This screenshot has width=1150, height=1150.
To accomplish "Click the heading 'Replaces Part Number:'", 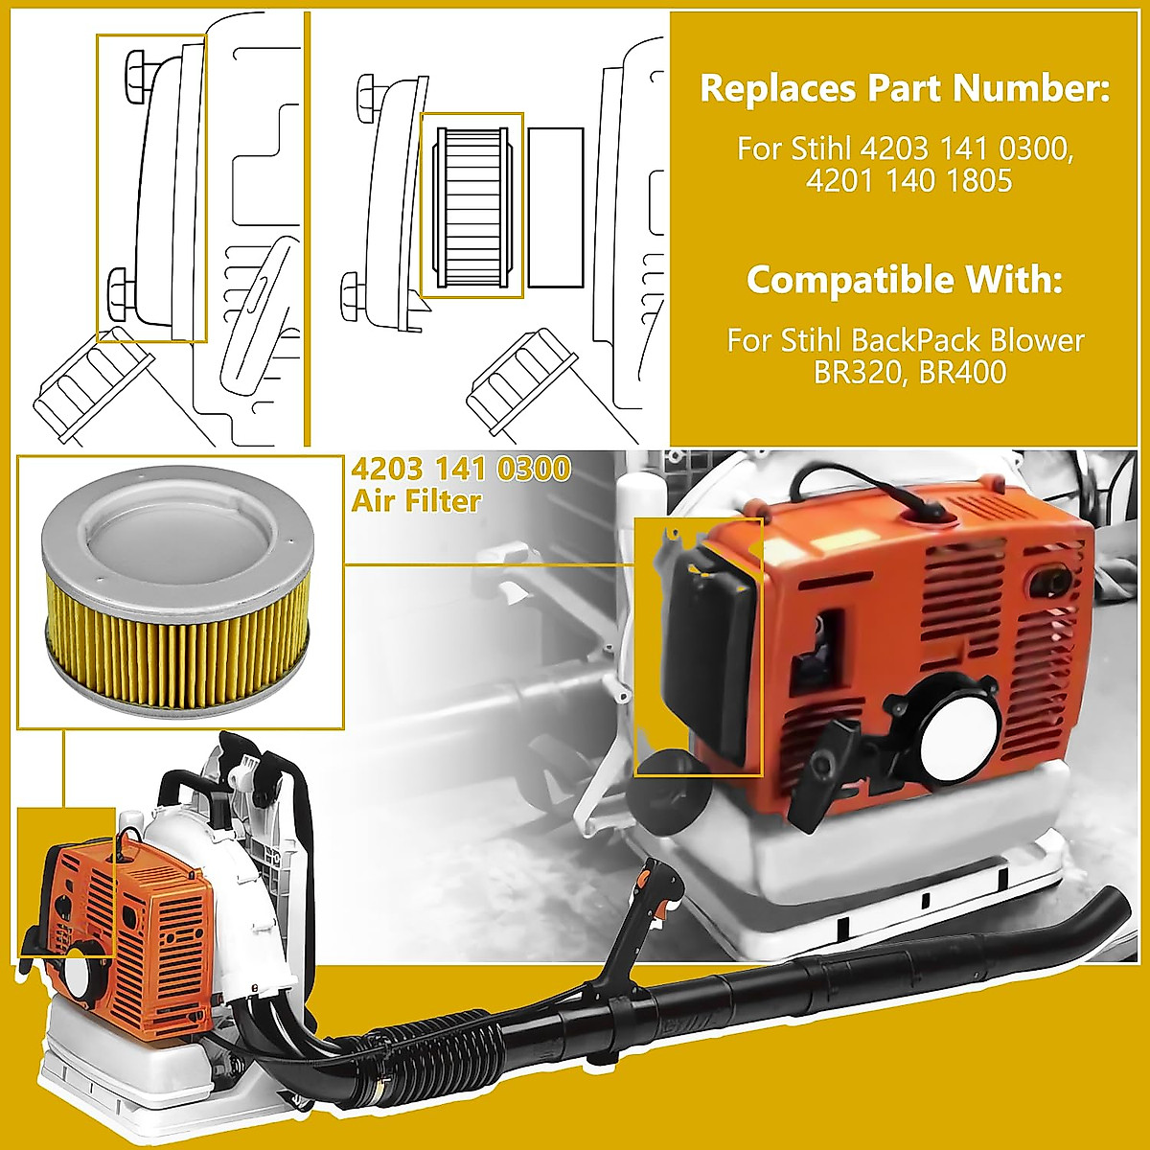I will (x=905, y=88).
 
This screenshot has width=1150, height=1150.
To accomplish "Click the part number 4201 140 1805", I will (x=908, y=180).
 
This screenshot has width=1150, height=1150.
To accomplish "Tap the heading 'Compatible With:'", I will (x=905, y=280).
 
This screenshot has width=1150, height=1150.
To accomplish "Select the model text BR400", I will (x=962, y=371).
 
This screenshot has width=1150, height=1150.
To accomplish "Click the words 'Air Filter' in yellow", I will (x=416, y=500).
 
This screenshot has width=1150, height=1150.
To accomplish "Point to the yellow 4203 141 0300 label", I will (x=461, y=470).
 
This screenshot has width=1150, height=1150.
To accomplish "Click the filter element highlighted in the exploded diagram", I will (x=471, y=206).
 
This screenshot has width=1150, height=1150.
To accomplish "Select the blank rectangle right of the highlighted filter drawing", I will (x=556, y=207).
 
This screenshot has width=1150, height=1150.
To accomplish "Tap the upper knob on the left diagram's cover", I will (x=134, y=73).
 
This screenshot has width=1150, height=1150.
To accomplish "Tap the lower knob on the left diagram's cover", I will (x=121, y=288).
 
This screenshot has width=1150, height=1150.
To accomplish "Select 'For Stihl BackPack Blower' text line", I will (x=905, y=340).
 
